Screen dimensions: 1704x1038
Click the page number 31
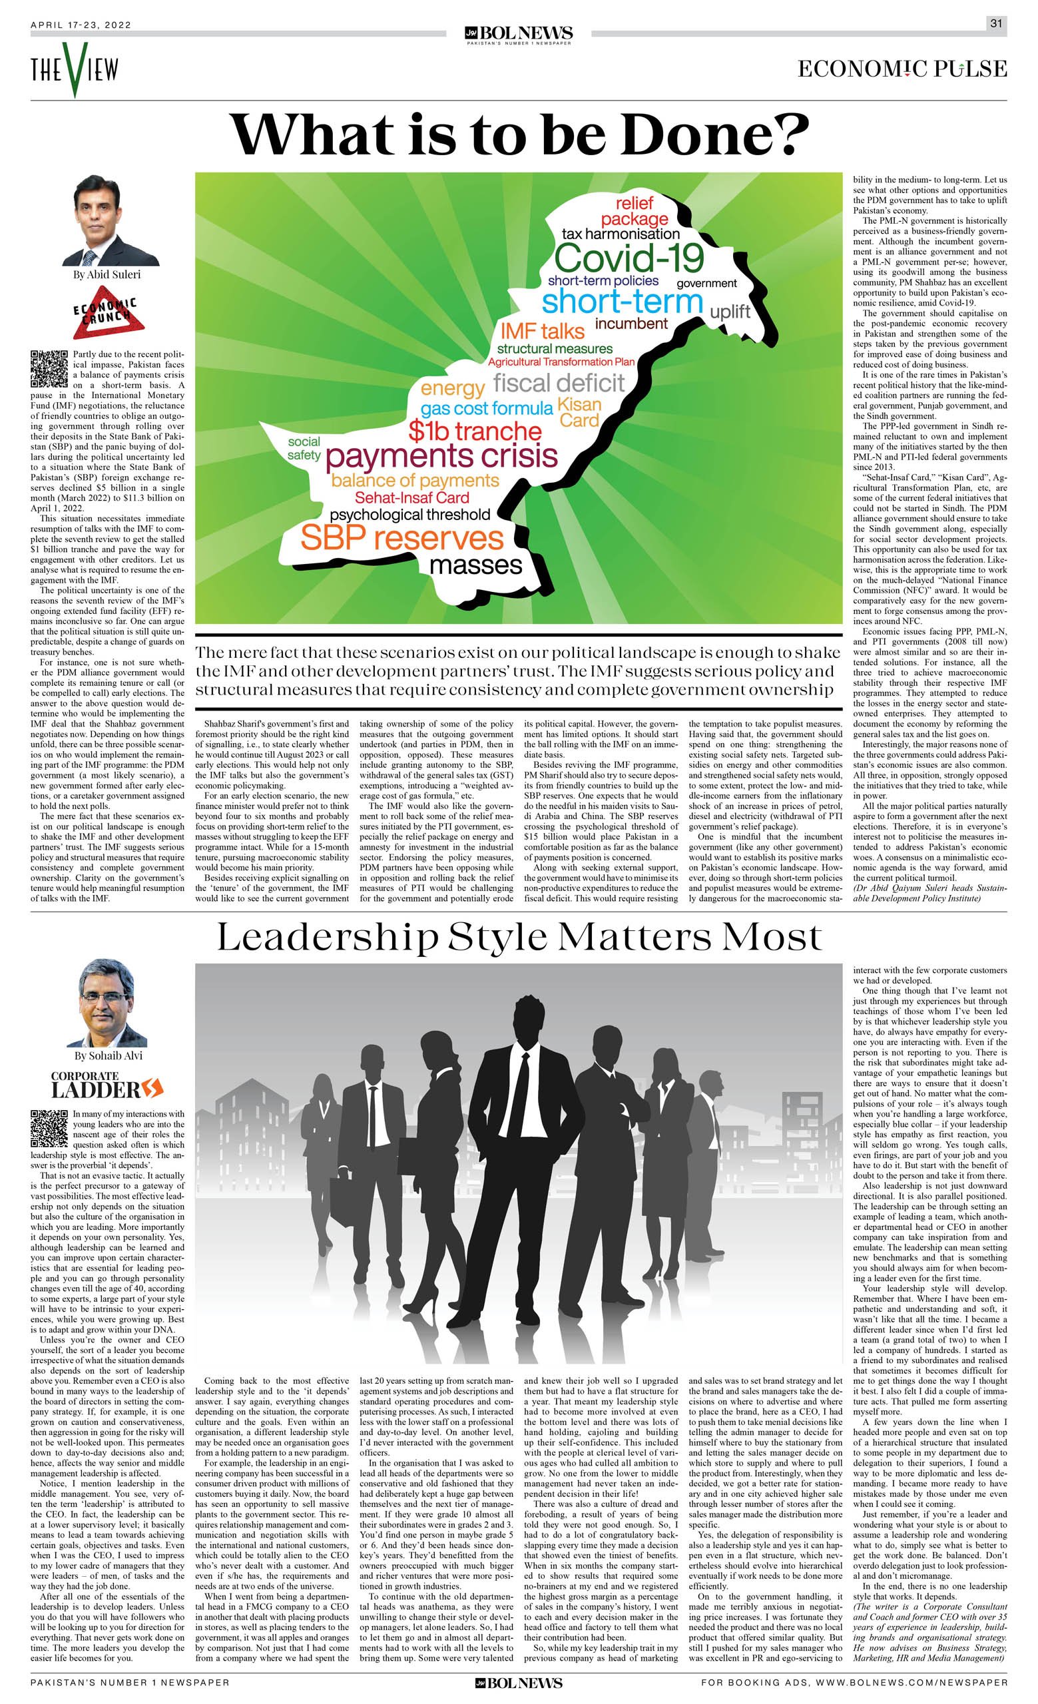tap(996, 23)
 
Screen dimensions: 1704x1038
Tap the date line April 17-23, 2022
tap(81, 25)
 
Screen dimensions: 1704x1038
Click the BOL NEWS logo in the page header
tap(519, 34)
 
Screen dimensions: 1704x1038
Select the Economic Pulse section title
tap(902, 69)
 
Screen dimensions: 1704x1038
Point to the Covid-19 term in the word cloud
tap(628, 258)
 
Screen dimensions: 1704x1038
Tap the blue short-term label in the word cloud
tap(622, 302)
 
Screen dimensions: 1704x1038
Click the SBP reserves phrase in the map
tap(402, 539)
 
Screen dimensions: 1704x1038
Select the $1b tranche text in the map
tap(475, 431)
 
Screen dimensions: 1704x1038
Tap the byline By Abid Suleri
tap(107, 274)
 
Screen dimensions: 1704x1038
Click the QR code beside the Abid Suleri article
tap(49, 369)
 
